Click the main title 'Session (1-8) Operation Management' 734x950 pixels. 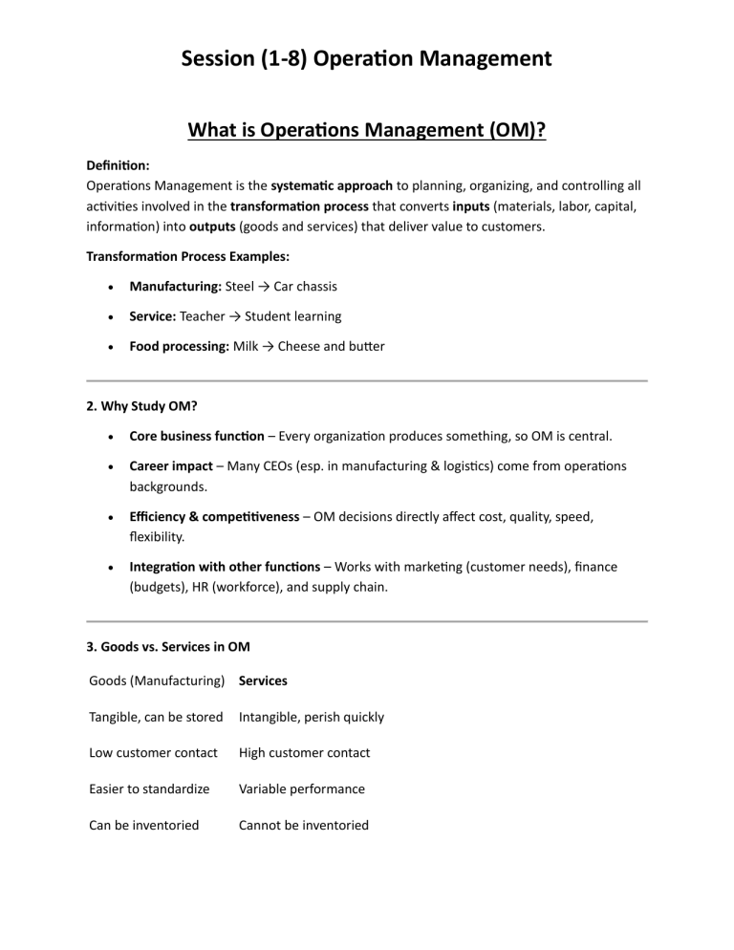[366, 58]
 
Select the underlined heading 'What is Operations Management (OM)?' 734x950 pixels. [366, 129]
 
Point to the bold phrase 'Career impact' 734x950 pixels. [171, 465]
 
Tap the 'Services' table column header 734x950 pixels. [263, 681]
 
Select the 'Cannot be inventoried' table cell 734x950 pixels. [303, 825]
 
